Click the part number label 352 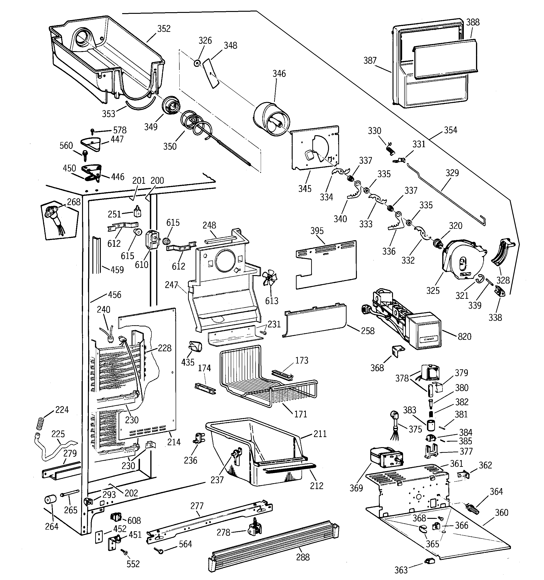[164, 29]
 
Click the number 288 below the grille [302, 557]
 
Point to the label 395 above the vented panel [317, 231]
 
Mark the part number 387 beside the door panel [370, 60]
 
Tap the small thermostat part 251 [137, 212]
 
